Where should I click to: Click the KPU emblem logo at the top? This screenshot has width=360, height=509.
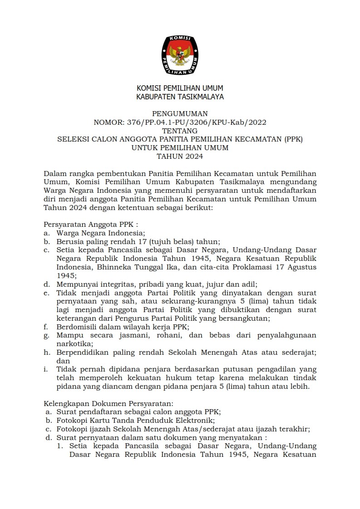coord(180,55)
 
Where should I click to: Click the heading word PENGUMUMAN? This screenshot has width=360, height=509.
coord(180,113)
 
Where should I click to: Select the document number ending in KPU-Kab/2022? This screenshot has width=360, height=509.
coord(180,122)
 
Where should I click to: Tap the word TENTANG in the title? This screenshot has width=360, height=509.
coord(180,131)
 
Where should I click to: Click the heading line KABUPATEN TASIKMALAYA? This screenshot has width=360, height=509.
coord(180,97)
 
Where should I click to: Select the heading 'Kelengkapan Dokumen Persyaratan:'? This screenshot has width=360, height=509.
coord(108,403)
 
